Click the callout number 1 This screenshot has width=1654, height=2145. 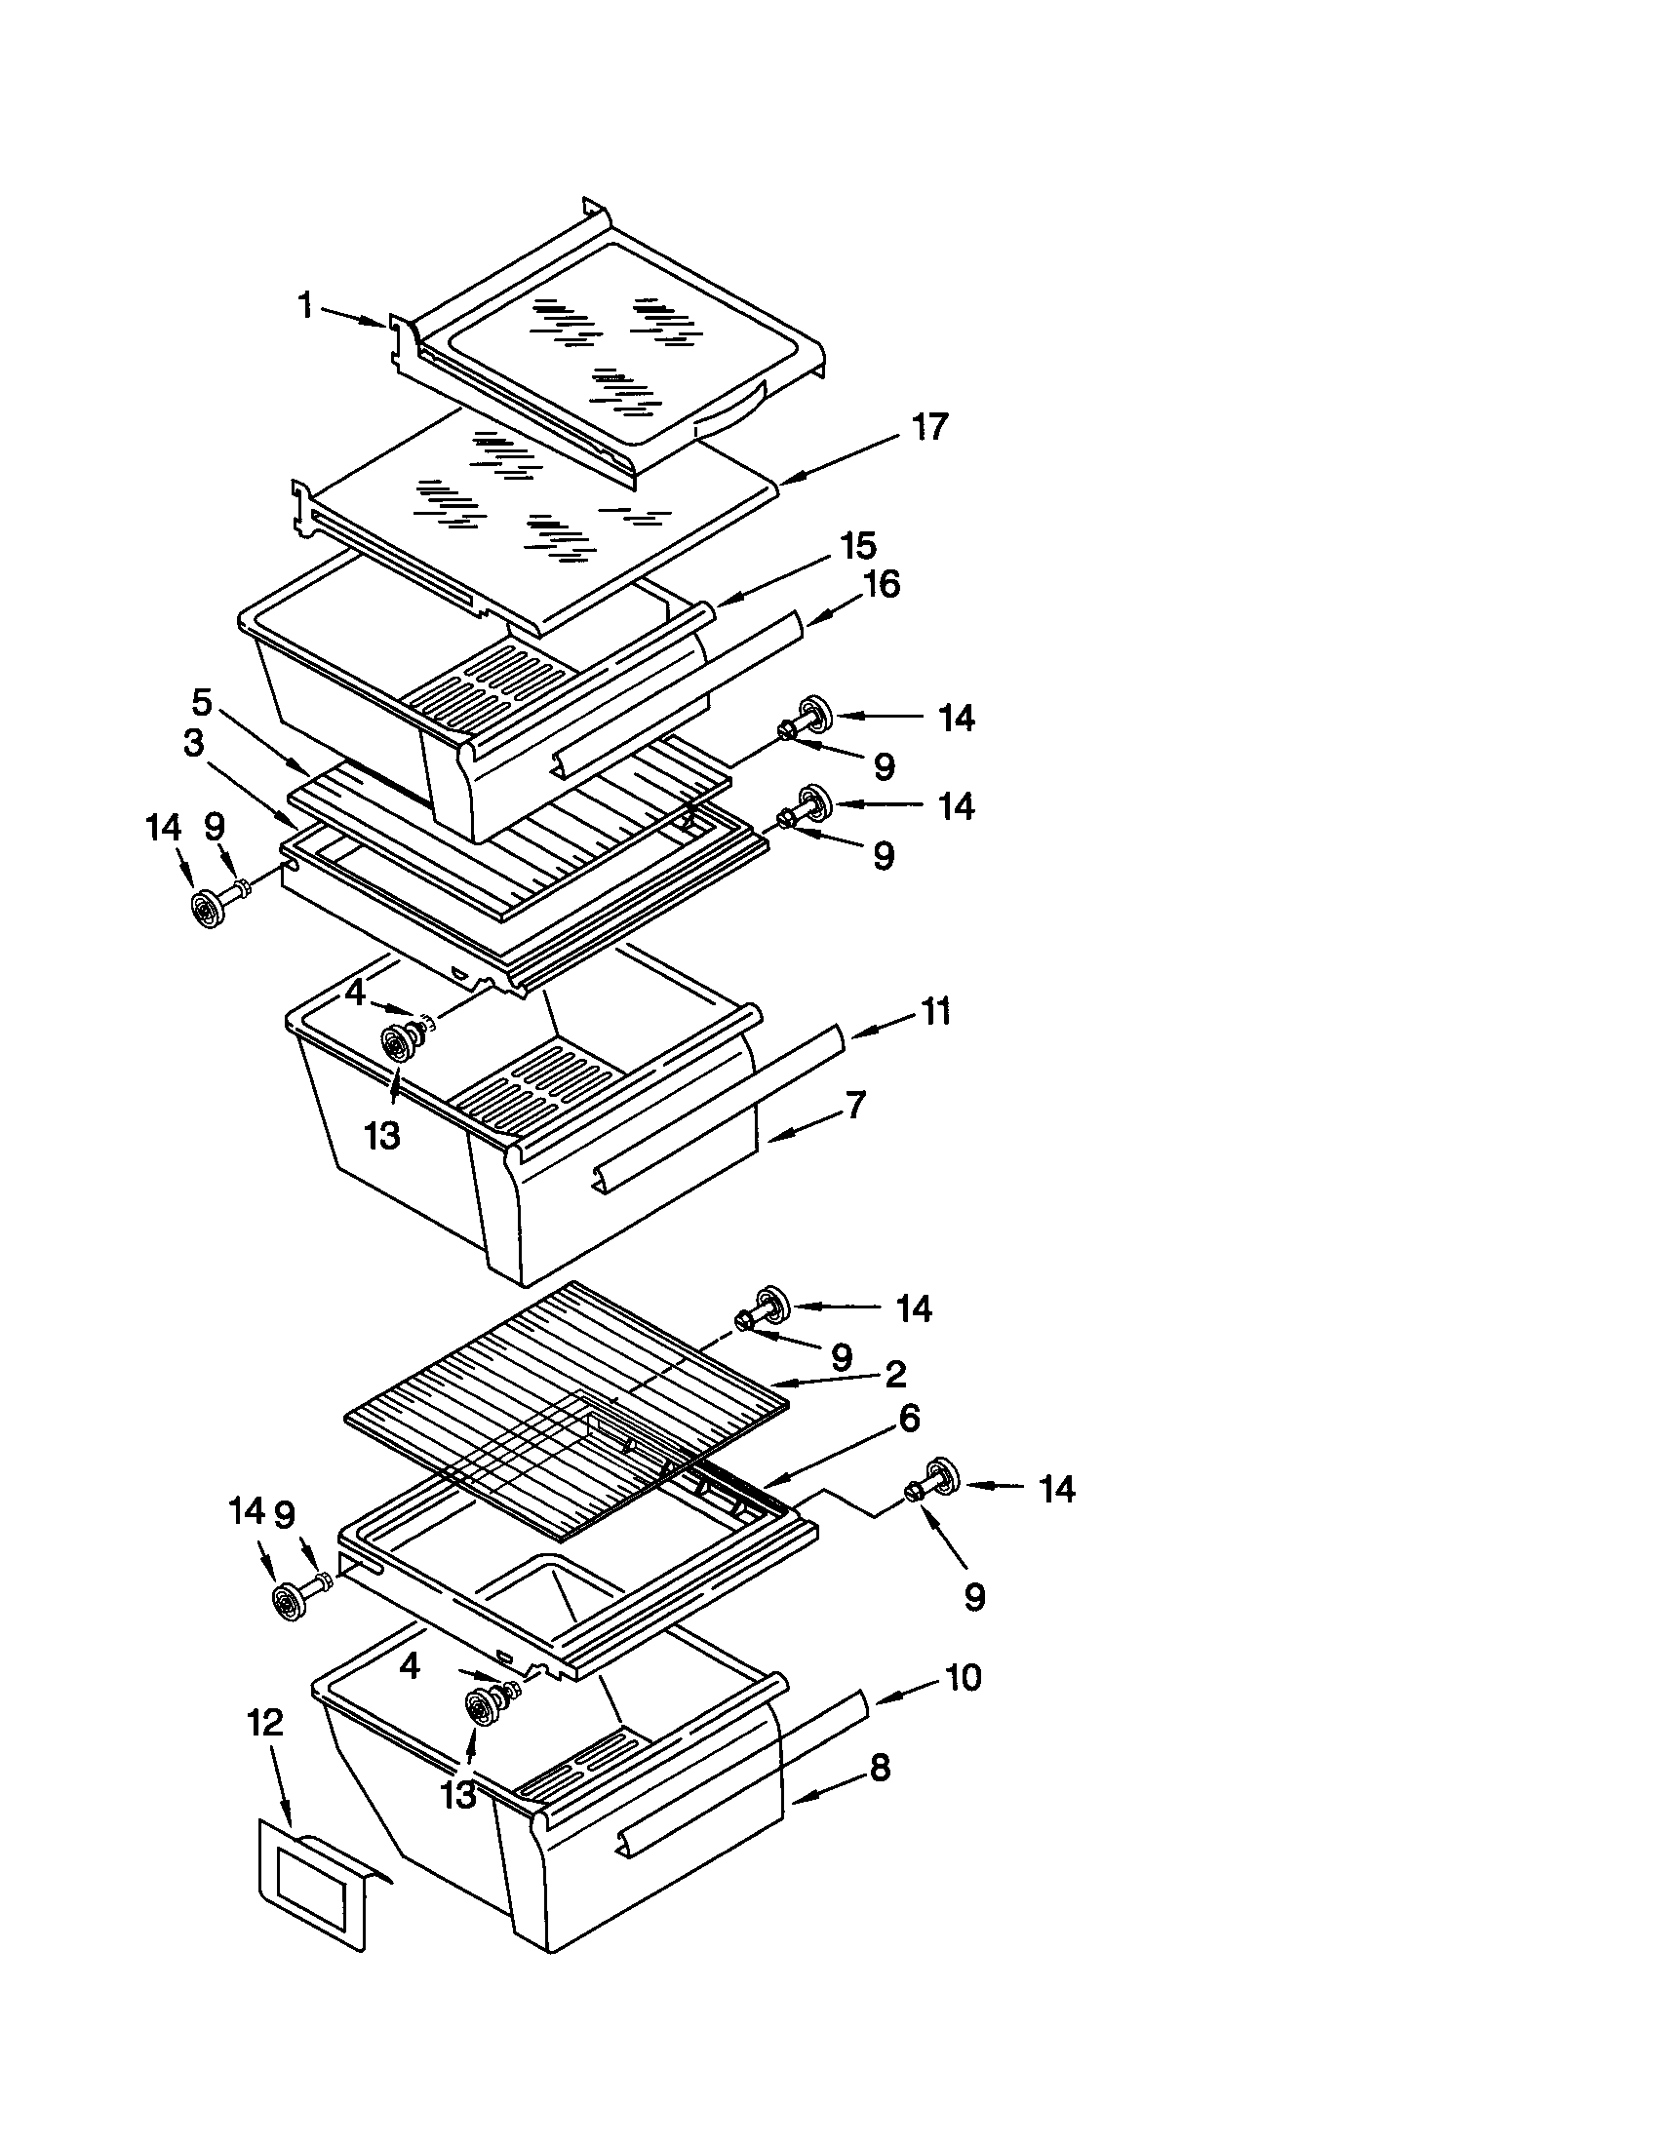point(305,306)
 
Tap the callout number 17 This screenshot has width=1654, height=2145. point(928,427)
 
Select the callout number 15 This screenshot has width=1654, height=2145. point(858,546)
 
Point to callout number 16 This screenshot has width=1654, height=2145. point(881,585)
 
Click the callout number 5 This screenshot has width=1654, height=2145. point(200,703)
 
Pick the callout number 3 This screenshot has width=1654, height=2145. point(193,744)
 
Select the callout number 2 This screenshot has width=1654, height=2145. point(894,1374)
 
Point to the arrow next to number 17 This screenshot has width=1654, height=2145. point(825,463)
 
